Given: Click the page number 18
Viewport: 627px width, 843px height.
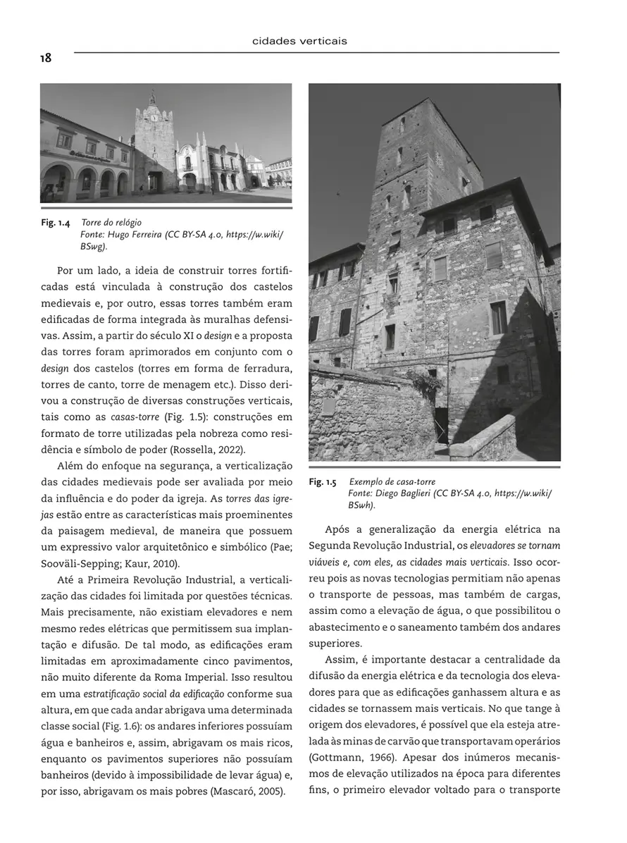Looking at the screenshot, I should pos(46,59).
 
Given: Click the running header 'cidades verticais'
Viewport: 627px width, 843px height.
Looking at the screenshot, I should pos(299,42).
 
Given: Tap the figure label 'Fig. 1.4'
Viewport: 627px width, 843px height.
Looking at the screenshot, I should pos(55,223).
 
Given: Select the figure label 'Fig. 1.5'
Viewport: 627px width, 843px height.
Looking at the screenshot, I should pos(323,482).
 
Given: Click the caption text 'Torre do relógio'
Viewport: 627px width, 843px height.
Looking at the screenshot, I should pos(111,223).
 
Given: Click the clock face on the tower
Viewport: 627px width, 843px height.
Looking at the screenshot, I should pos(154,118).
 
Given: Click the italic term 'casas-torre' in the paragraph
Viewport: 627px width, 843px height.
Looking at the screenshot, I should pos(135,417).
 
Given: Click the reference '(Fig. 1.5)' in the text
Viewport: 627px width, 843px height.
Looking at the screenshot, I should pos(185,417).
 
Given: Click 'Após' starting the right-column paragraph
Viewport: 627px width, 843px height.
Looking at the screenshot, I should pos(339,529).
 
